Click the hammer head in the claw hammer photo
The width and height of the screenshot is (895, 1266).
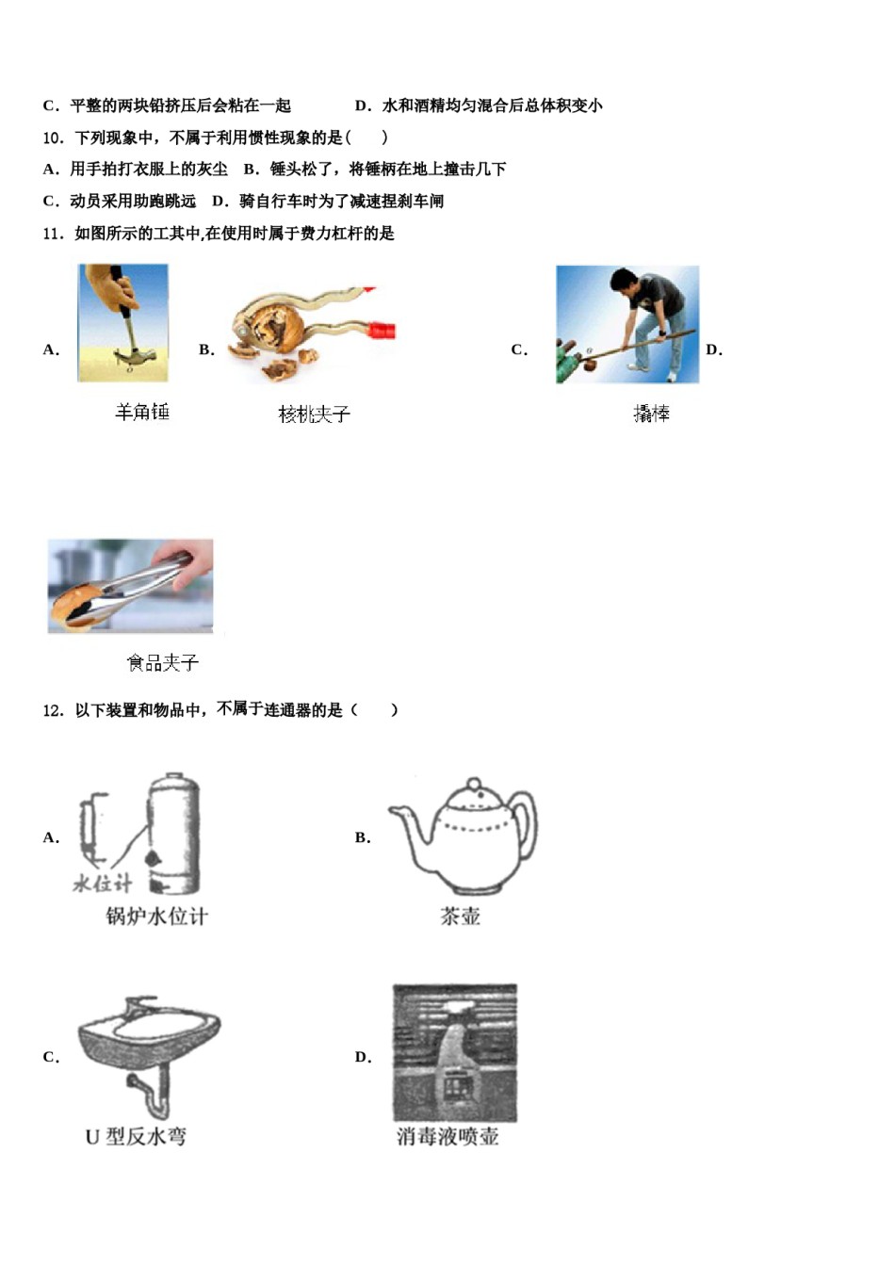135,357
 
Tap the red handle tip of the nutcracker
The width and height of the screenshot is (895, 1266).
382,330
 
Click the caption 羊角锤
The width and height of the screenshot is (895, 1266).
141,412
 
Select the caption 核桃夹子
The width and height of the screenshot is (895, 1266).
314,414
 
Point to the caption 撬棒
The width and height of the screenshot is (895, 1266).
651,413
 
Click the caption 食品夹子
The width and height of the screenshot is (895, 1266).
162,663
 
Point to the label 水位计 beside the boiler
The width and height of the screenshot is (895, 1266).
102,883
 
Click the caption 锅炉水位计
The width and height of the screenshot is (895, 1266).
156,916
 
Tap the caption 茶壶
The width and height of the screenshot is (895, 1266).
460,916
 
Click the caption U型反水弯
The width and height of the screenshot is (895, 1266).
136,1137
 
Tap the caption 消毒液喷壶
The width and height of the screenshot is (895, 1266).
447,1137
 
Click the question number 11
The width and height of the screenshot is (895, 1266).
52,234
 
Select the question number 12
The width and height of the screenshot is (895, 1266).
52,710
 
